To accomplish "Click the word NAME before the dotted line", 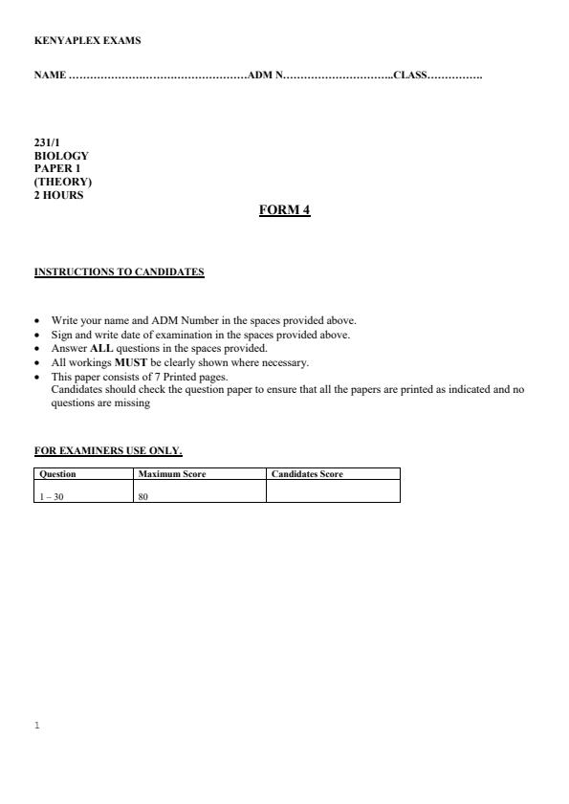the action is [50, 75].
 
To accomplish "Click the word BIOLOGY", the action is [61, 156].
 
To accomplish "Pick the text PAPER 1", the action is [57, 168].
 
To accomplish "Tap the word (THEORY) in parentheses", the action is [63, 182].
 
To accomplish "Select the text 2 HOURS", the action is [58, 195].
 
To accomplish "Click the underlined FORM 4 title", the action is [284, 210].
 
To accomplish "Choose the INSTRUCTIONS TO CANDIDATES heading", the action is [119, 272].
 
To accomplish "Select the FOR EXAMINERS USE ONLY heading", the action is [108, 450].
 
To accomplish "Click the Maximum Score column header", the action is [172, 474].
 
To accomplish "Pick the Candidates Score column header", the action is [307, 474].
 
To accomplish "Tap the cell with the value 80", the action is [143, 496].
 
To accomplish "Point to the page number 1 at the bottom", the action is [36, 726].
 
